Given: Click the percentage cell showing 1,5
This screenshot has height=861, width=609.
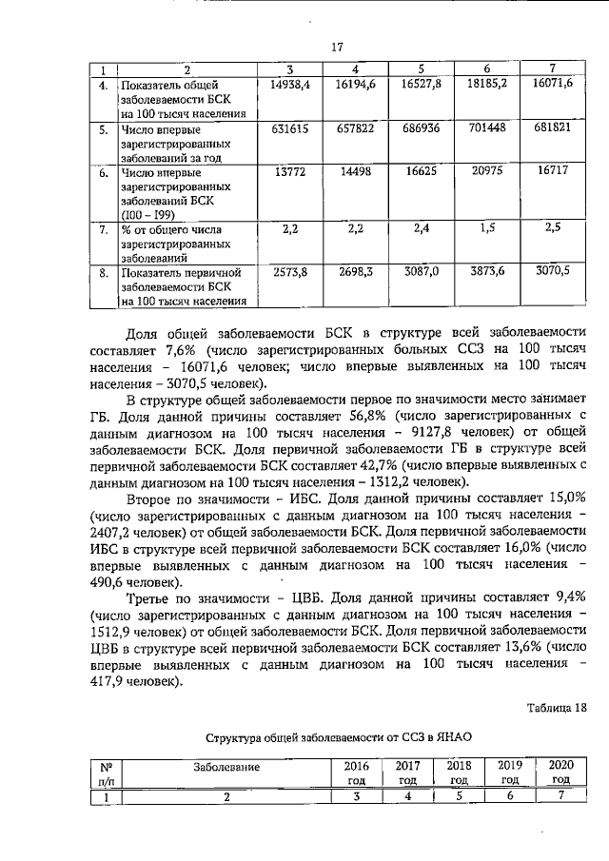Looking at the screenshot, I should [x=487, y=229].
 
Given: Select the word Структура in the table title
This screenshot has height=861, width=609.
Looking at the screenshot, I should [x=236, y=737].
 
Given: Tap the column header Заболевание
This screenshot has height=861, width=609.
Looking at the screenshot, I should [x=226, y=766].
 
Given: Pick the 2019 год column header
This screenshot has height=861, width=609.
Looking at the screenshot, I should [x=507, y=773].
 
